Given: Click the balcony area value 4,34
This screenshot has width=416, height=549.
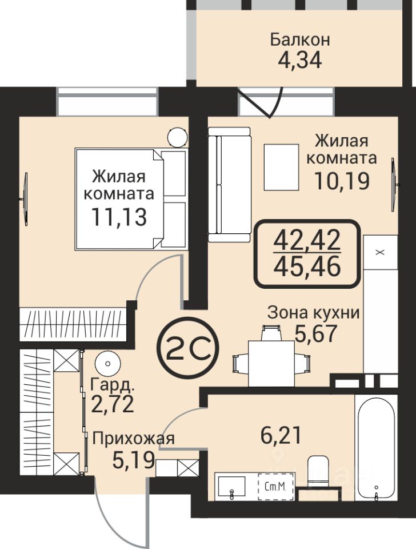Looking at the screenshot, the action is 299,61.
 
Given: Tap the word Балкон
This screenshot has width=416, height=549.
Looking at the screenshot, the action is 300,39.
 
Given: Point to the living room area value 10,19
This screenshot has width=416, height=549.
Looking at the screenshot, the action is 342,181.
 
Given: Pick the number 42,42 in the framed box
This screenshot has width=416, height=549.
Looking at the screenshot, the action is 307,241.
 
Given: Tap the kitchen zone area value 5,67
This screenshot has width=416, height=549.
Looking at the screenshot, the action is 316,333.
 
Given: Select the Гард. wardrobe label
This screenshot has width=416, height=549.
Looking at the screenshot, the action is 113,385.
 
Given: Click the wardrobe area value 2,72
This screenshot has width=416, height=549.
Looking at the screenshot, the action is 113,404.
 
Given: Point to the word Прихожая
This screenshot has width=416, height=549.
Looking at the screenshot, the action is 133,439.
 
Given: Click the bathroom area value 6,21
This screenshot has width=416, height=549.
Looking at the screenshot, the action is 281,436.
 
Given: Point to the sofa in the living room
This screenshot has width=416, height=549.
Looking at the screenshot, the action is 230,184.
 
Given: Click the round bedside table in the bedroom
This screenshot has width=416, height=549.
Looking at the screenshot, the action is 177,138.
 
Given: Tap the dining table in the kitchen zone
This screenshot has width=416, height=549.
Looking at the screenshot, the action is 271,364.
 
